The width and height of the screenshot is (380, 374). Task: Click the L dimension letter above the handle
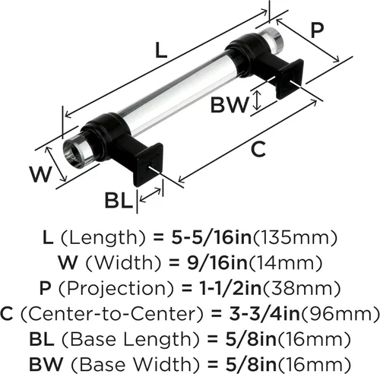point(161,50)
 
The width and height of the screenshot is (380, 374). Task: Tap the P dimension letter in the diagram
point(317,30)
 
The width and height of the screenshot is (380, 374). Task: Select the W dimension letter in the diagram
point(41,174)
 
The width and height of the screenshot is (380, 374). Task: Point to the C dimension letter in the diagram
point(258,149)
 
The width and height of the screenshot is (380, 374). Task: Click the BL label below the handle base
point(119,200)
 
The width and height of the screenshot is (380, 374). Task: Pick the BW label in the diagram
point(230,104)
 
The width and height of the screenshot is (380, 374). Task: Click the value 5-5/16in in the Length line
point(211,237)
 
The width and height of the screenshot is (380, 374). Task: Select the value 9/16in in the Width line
point(217,263)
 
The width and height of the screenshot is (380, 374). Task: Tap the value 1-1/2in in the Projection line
point(230,288)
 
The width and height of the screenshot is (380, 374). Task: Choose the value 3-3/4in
point(264,313)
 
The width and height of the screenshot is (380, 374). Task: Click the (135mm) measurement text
point(295,238)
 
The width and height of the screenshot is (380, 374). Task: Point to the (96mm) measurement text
point(340,314)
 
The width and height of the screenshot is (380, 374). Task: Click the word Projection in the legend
point(116,289)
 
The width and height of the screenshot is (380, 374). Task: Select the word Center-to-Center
point(112,314)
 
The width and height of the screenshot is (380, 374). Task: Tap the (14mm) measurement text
point(285,263)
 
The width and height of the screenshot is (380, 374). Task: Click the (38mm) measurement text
point(302,289)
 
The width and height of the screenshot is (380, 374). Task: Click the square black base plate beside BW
point(290,79)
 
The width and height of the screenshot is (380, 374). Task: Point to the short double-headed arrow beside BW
point(257,100)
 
